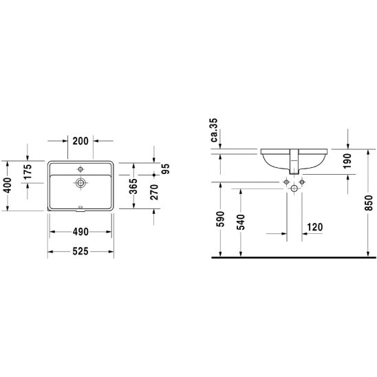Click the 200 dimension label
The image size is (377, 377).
click(80, 141)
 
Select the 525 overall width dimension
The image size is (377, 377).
click(80, 251)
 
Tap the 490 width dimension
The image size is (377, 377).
click(80, 232)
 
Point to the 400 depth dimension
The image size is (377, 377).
click(8, 185)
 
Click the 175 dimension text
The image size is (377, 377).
click(28, 171)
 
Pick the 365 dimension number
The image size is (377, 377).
click(133, 186)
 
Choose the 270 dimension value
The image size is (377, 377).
click(154, 193)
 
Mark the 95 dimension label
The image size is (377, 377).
click(165, 169)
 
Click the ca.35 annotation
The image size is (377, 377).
click(214, 130)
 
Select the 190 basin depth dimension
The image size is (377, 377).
click(347, 162)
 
